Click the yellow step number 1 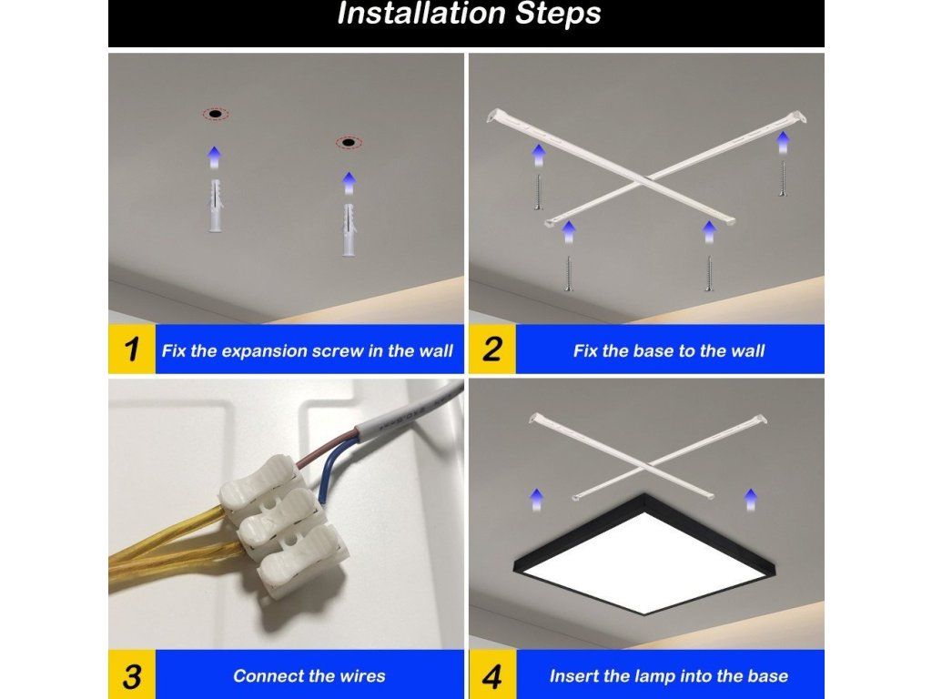click(131, 349)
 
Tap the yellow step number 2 click(492, 349)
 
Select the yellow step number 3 click(132, 676)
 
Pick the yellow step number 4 click(492, 676)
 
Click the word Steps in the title click(558, 14)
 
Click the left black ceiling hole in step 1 click(215, 114)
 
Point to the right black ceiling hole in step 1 click(349, 143)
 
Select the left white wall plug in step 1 click(216, 206)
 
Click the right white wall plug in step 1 click(349, 230)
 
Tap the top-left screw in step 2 click(539, 191)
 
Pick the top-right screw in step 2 click(783, 178)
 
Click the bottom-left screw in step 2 click(568, 273)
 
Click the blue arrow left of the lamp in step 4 click(537, 500)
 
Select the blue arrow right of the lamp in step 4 click(751, 500)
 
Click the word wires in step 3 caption click(362, 676)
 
